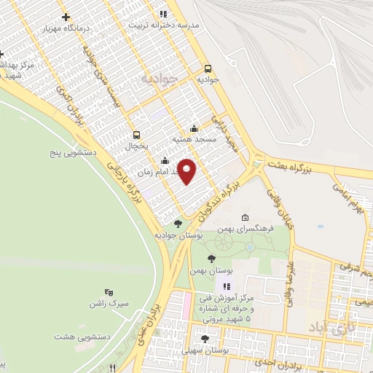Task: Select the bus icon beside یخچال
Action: tap(136, 135)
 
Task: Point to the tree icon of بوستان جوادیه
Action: tap(178, 224)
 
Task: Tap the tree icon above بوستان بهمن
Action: tap(211, 258)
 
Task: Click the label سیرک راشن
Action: tap(109, 302)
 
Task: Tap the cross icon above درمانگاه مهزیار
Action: tap(67, 17)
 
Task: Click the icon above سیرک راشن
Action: tap(109, 291)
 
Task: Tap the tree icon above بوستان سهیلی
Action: tap(204, 339)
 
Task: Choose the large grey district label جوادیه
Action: tap(160, 78)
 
